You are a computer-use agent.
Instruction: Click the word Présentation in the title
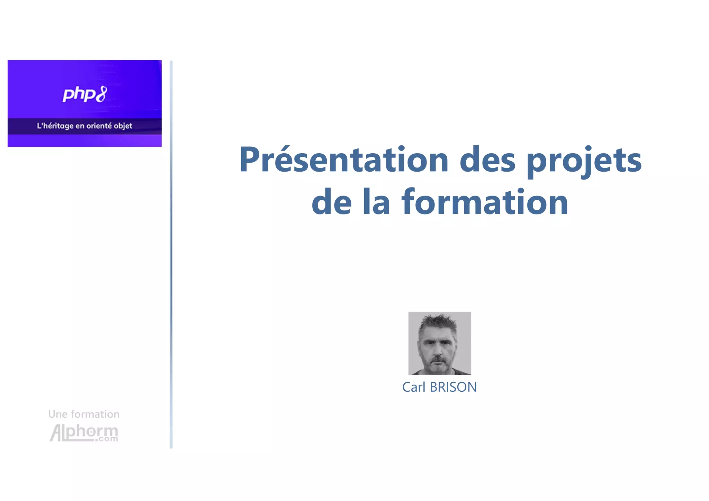(344, 160)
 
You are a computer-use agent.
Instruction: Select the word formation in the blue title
(484, 202)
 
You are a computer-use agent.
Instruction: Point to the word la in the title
(376, 202)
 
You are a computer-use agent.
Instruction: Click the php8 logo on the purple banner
(84, 94)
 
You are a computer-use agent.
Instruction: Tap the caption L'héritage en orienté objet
(84, 126)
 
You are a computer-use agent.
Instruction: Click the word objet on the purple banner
(123, 126)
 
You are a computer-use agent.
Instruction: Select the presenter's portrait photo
(439, 343)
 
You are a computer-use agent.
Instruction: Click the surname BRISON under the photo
(453, 387)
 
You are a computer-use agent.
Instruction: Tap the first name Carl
(414, 387)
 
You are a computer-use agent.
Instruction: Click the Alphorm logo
(84, 433)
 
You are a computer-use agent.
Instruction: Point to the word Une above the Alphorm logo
(58, 414)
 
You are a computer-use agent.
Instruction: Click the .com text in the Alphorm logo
(107, 439)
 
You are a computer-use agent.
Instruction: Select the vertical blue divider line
(171, 254)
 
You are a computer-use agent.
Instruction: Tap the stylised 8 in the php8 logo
(101, 94)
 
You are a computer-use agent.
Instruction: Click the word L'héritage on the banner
(55, 126)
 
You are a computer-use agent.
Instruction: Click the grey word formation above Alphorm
(95, 414)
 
